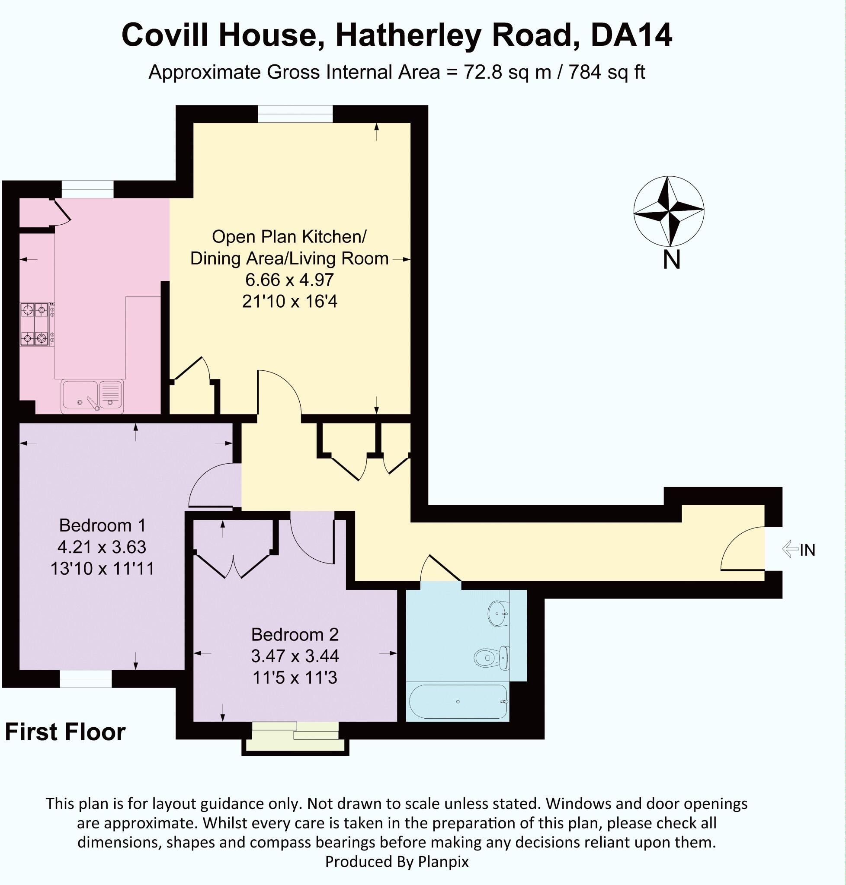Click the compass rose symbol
pos(668,211)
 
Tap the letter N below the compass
pos(671,260)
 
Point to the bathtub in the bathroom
pos(458,702)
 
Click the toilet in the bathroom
pos(491,658)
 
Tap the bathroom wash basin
pos(498,613)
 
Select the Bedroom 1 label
pos(103,525)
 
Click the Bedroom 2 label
pos(295,634)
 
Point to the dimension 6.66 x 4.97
pos(289,280)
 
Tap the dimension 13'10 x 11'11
pos(103,569)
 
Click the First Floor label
pos(65,732)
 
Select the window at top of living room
pos(295,114)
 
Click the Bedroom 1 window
pos(86,678)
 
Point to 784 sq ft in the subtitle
pos(606,72)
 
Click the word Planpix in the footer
pos(443,861)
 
